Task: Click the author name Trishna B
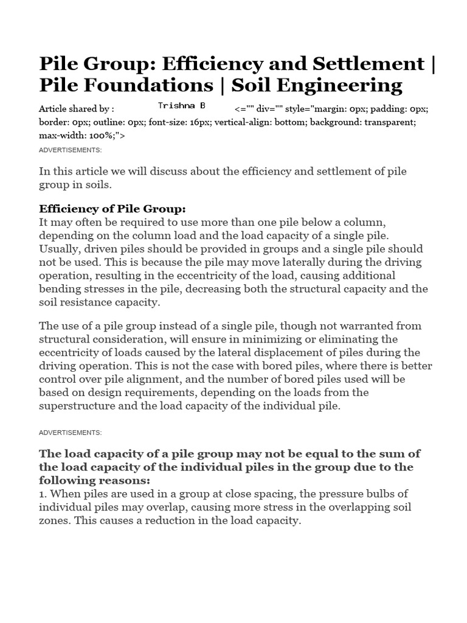(181, 105)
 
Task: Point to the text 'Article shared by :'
(76, 109)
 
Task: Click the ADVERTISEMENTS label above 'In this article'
(70, 150)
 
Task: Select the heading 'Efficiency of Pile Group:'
(112, 209)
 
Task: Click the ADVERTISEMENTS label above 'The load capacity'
(70, 432)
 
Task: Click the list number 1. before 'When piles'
(43, 493)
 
